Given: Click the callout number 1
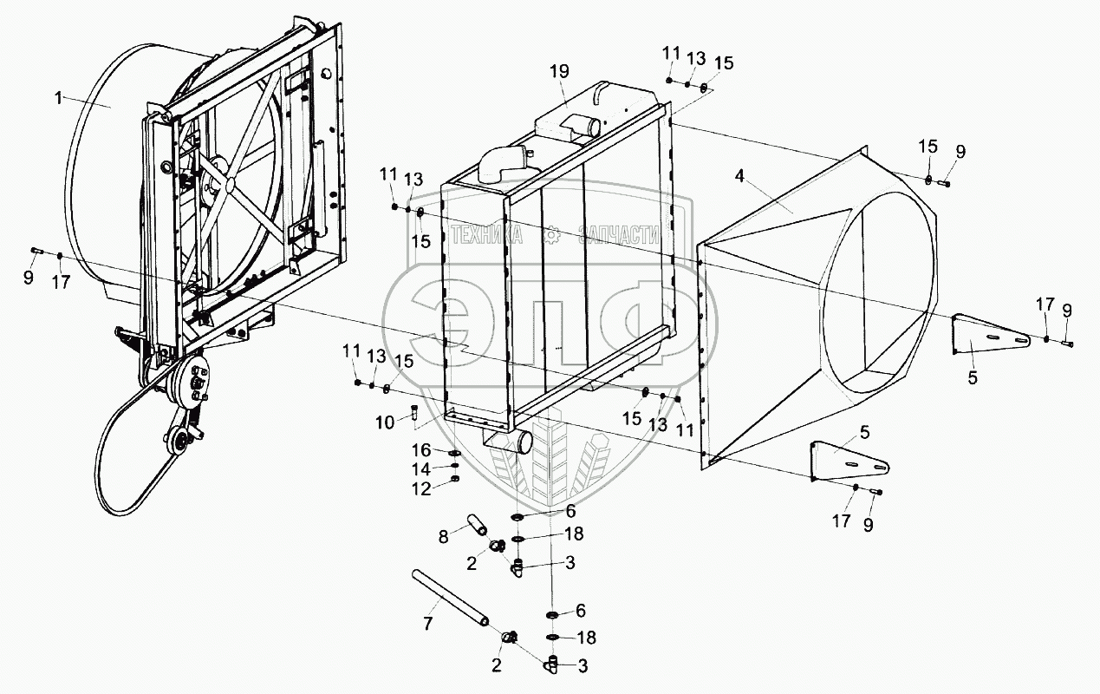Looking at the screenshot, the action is (58, 99).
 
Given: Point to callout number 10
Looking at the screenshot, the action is (385, 422).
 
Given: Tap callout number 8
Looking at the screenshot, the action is (443, 537).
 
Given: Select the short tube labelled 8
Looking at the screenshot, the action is (476, 525).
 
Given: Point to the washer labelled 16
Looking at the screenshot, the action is (454, 452).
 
